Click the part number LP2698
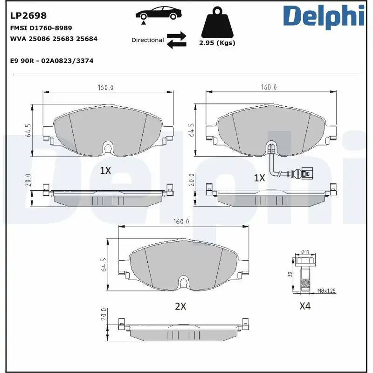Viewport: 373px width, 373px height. tap(28, 16)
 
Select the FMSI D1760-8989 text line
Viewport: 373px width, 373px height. tap(41, 28)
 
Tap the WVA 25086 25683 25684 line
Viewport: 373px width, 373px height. tap(54, 39)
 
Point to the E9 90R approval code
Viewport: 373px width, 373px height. tap(52, 61)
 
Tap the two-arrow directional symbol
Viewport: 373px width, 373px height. tap(177, 40)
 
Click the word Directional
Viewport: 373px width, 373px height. tap(147, 40)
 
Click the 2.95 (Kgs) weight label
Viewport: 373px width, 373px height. tap(217, 43)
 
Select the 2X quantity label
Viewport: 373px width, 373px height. tap(180, 306)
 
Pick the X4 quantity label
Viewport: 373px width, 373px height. tap(304, 306)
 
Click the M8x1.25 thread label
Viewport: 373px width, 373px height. tap(326, 290)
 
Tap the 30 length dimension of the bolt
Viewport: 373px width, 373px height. tap(289, 275)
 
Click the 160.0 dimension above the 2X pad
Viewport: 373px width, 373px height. tap(180, 222)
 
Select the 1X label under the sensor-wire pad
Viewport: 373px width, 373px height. tap(259, 178)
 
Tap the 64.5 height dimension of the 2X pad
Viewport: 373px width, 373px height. tap(104, 264)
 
